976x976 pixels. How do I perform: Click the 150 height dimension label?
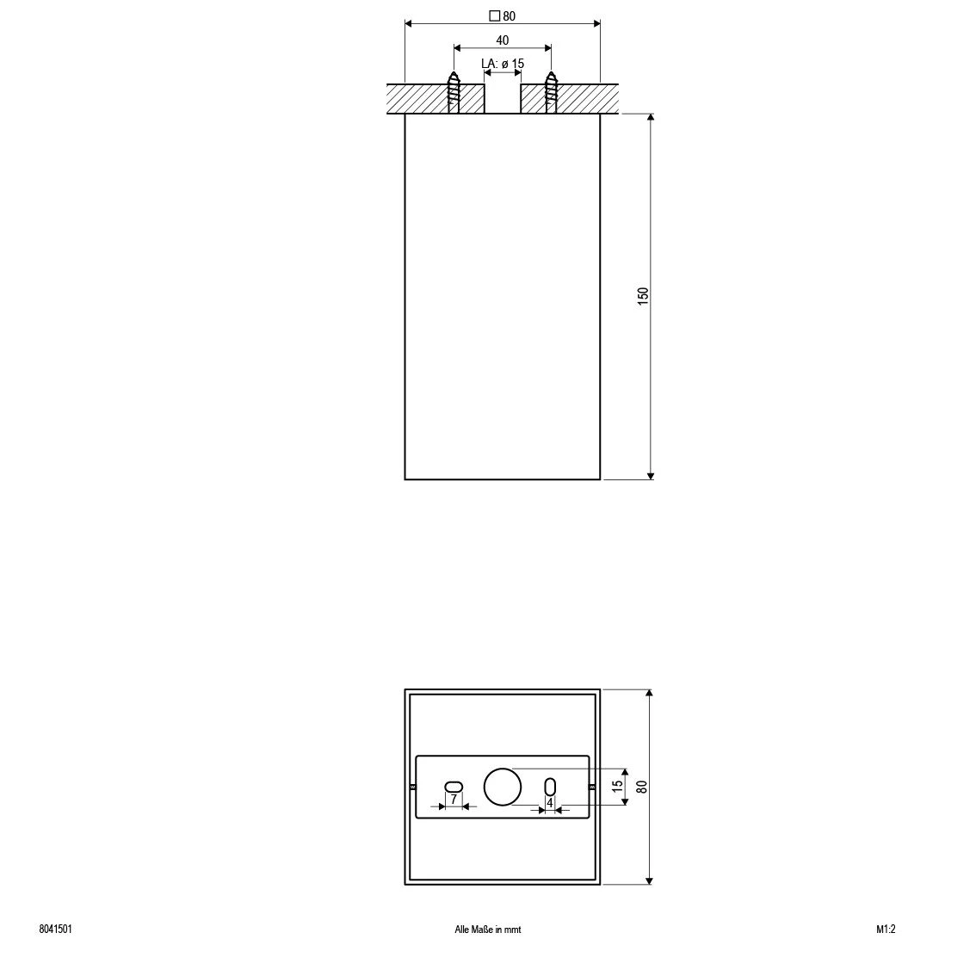[643, 296]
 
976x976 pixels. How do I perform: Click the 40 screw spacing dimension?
[502, 40]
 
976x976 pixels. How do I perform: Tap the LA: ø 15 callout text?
[502, 64]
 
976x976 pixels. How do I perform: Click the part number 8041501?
[55, 930]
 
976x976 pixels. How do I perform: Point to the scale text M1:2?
[886, 930]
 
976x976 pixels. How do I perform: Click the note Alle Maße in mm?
[488, 930]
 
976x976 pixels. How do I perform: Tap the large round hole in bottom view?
[503, 787]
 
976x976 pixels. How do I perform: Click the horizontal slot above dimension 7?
[454, 786]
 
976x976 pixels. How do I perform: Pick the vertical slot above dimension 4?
[550, 786]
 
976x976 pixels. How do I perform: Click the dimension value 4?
[549, 802]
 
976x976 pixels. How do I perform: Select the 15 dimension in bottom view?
[616, 786]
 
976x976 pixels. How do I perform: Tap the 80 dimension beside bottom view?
[642, 786]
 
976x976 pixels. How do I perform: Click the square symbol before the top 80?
[494, 15]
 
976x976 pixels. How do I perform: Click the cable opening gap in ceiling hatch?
[503, 98]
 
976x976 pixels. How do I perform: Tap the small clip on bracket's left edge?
[413, 787]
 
